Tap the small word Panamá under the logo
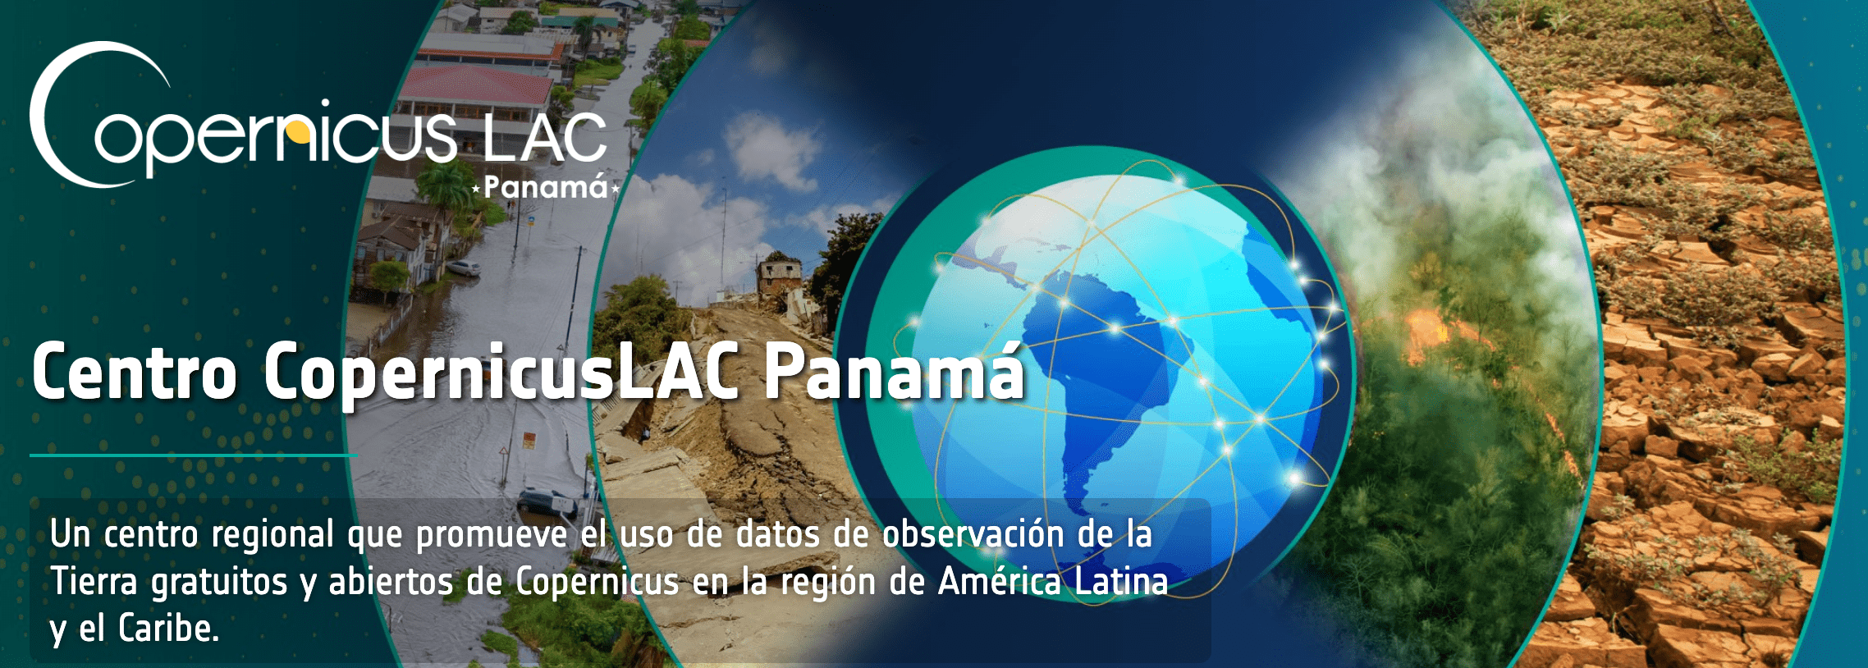(x=546, y=188)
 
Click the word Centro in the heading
(x=135, y=373)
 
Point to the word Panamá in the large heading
(x=894, y=371)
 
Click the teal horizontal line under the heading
(x=193, y=455)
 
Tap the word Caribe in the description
(x=168, y=629)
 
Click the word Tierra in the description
(x=94, y=581)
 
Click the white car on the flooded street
(x=463, y=268)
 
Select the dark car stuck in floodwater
(x=547, y=501)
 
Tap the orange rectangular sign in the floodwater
(x=529, y=439)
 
